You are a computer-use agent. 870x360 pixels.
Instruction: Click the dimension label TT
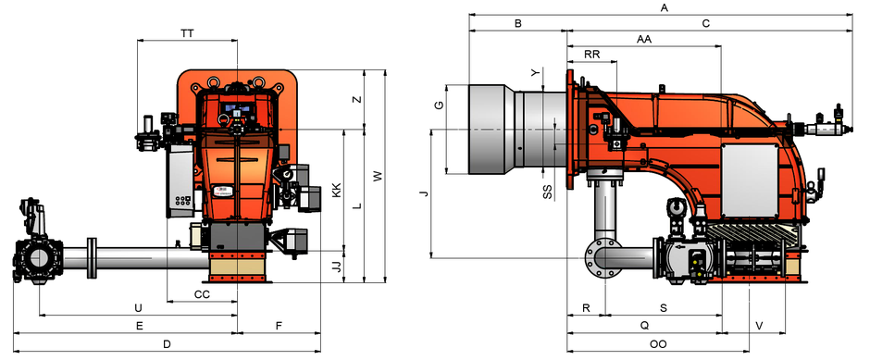click(188, 33)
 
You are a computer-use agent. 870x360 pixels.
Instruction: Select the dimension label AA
click(644, 40)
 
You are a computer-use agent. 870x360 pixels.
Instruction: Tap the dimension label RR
click(592, 55)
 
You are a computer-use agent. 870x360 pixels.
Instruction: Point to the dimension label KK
click(336, 191)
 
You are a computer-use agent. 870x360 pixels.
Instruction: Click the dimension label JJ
click(336, 267)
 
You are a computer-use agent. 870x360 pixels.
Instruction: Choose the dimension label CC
click(202, 294)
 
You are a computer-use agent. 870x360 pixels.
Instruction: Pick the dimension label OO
click(658, 344)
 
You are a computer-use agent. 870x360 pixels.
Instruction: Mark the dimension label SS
click(547, 192)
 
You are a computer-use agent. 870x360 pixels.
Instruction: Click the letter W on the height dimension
click(378, 177)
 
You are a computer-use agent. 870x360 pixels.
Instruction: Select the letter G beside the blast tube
click(439, 105)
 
